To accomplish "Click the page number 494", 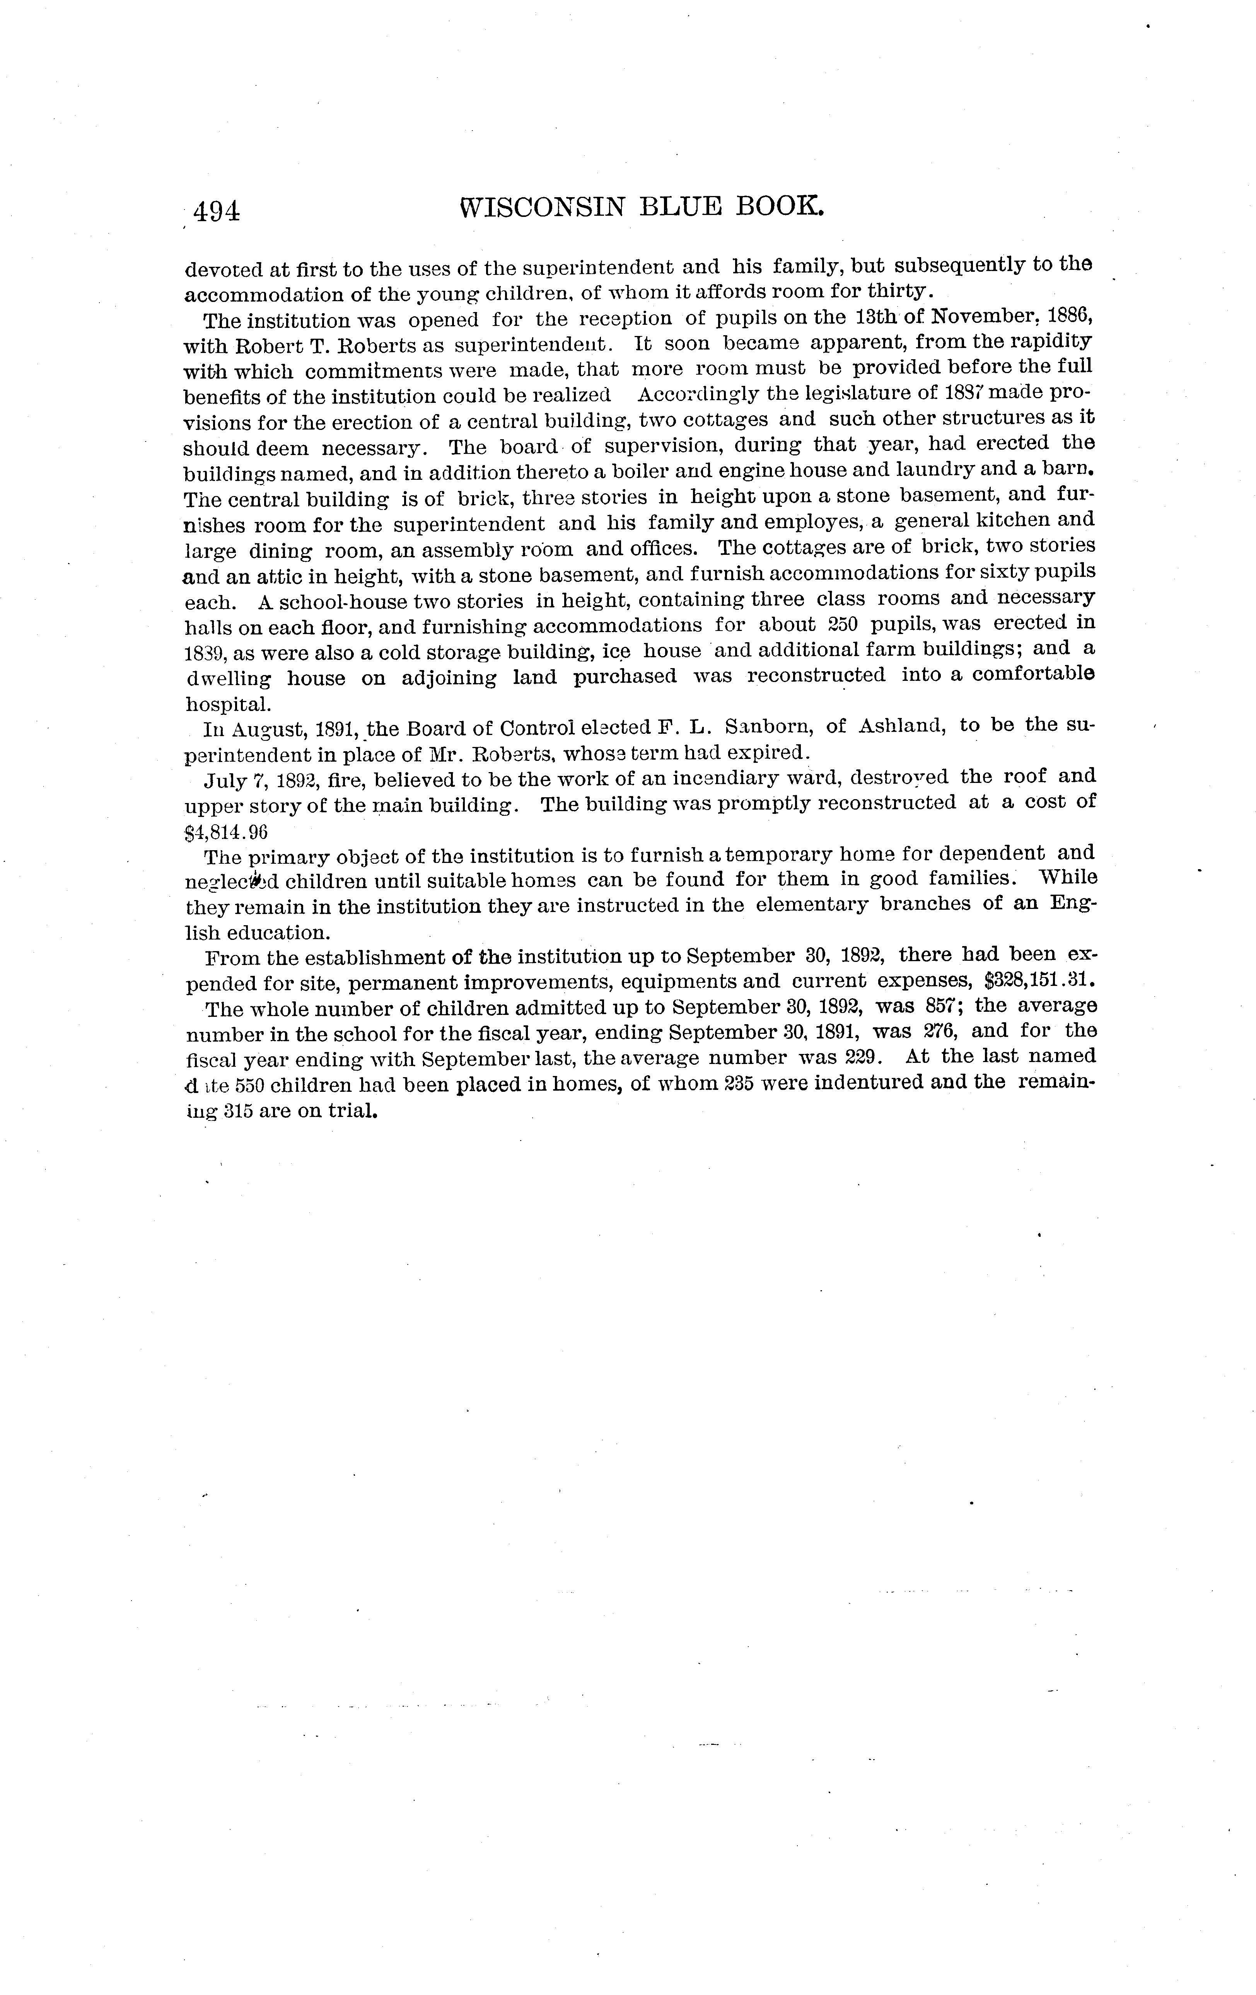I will click(x=216, y=212).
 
